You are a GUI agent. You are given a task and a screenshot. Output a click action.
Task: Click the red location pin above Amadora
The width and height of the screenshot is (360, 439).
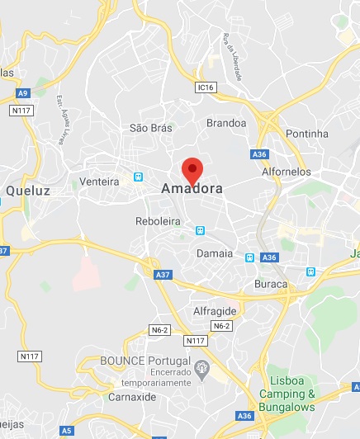click(x=192, y=169)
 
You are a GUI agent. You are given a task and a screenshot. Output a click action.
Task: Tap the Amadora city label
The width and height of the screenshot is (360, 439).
click(x=192, y=189)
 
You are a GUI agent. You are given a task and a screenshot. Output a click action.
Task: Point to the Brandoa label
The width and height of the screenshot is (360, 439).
click(x=226, y=123)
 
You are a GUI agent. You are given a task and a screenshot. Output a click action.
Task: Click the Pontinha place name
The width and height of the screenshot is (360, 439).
click(x=306, y=134)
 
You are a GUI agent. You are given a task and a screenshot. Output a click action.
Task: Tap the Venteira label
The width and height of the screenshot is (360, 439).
click(x=101, y=182)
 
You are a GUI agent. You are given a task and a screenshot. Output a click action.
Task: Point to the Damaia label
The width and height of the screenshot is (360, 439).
click(x=215, y=253)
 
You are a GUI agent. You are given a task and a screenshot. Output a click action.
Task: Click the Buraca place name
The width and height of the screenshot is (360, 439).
click(x=271, y=284)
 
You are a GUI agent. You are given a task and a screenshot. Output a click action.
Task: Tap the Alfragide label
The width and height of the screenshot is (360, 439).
click(x=215, y=311)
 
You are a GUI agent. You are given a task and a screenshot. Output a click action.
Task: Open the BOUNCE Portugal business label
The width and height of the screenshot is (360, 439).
click(x=145, y=361)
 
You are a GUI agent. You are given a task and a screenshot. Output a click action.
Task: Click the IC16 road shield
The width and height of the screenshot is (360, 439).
click(x=206, y=87)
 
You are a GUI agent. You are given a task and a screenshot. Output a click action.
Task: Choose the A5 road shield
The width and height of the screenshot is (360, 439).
click(x=65, y=430)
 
